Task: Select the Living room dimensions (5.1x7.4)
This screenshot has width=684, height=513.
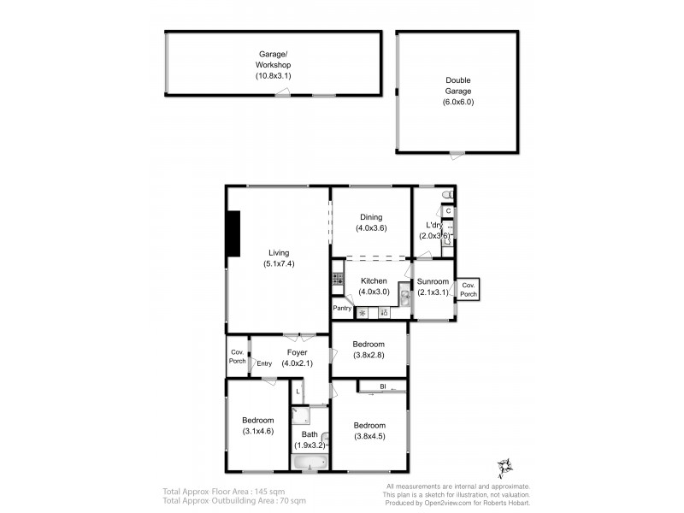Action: [279, 263]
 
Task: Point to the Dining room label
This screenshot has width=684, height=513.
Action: [371, 217]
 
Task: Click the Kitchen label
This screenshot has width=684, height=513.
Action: [374, 280]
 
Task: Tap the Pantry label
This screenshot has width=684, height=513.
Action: [342, 309]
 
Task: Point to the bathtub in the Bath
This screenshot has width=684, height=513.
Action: [309, 463]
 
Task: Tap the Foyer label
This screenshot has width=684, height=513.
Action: [297, 352]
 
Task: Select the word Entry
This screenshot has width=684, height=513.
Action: [264, 363]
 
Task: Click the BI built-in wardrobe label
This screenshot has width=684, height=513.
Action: [383, 387]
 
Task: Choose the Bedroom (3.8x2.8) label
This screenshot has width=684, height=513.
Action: [369, 350]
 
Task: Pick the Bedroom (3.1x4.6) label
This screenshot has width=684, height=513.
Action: [256, 426]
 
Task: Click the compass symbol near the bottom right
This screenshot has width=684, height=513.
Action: [503, 468]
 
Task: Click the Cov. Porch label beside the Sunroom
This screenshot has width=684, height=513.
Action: [468, 289]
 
